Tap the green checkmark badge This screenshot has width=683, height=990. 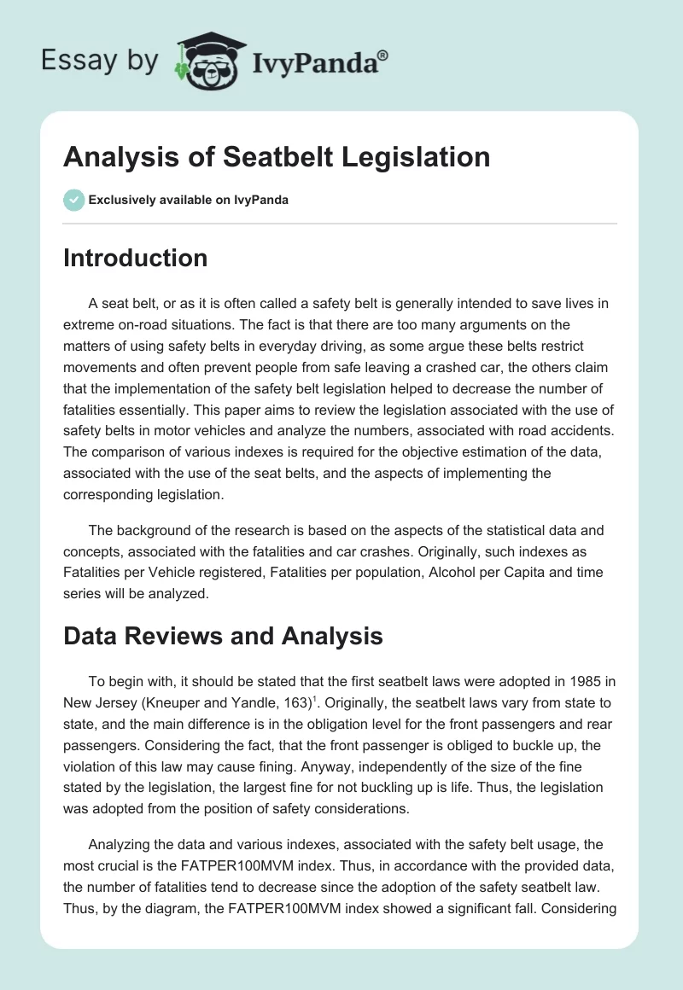(x=73, y=200)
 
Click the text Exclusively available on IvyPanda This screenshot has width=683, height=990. (x=188, y=200)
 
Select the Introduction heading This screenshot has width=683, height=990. (x=135, y=258)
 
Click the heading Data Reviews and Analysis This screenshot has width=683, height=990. (x=223, y=635)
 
